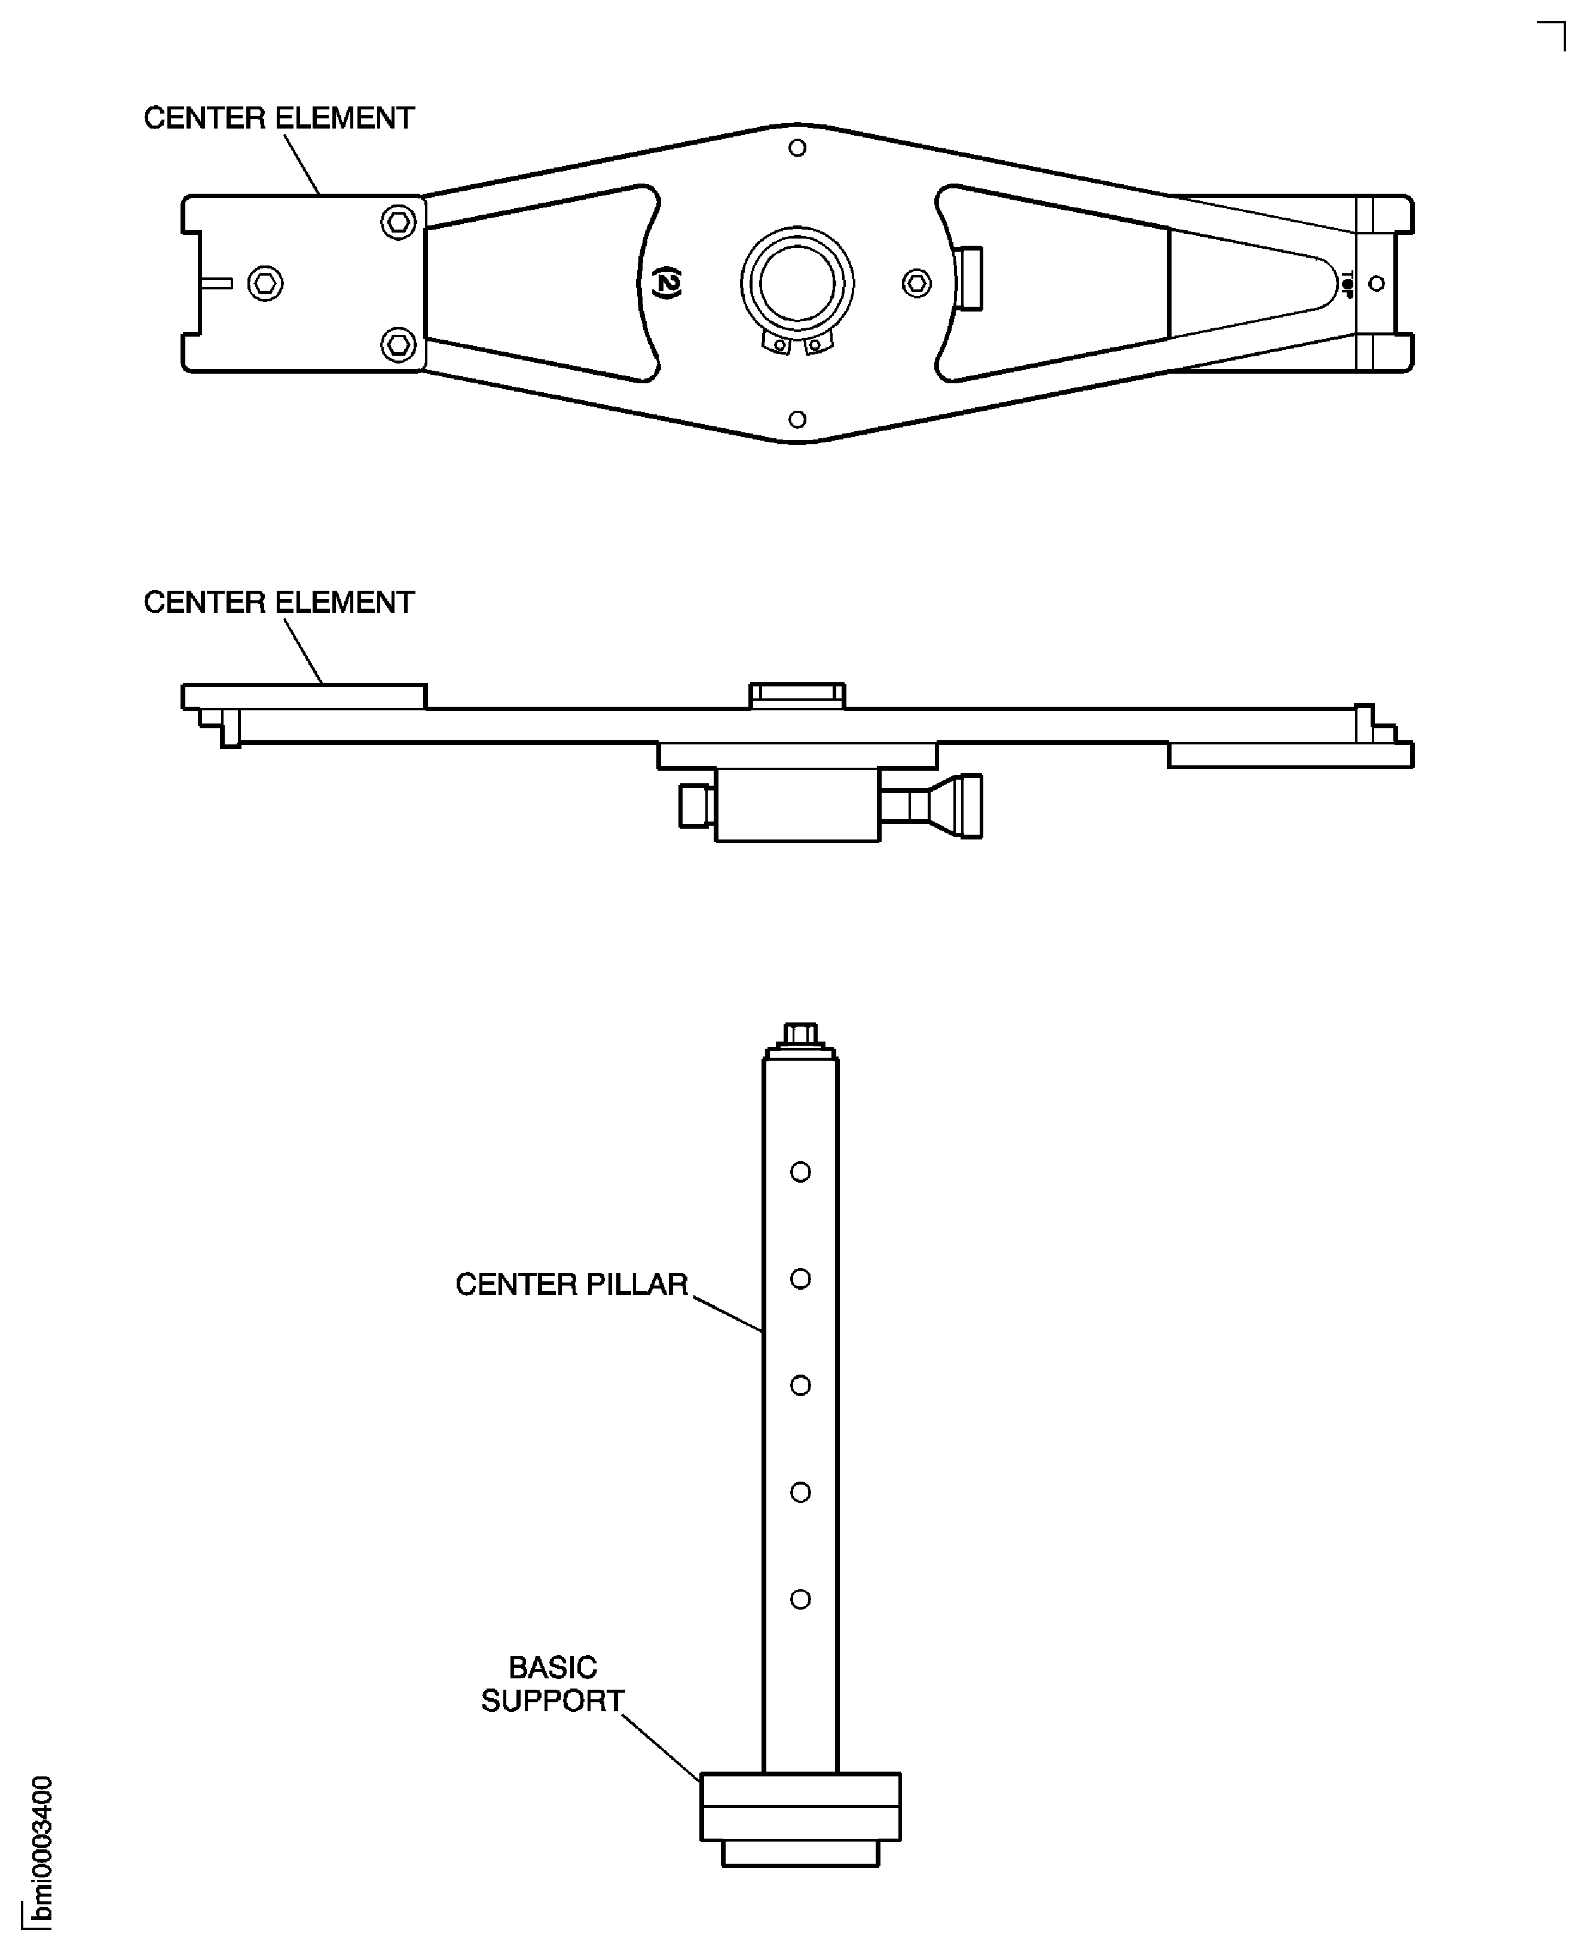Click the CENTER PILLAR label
(571, 1284)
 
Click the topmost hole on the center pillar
(800, 1172)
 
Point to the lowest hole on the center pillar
(800, 1599)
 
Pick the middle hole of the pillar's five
(800, 1385)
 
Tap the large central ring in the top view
(797, 283)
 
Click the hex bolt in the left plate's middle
(265, 283)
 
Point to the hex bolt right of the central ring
(917, 283)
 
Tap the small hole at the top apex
(797, 147)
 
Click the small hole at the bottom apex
(797, 420)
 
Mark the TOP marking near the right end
(1347, 283)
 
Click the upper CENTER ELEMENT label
(279, 118)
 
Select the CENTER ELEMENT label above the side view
(279, 603)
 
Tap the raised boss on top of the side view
(797, 696)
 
